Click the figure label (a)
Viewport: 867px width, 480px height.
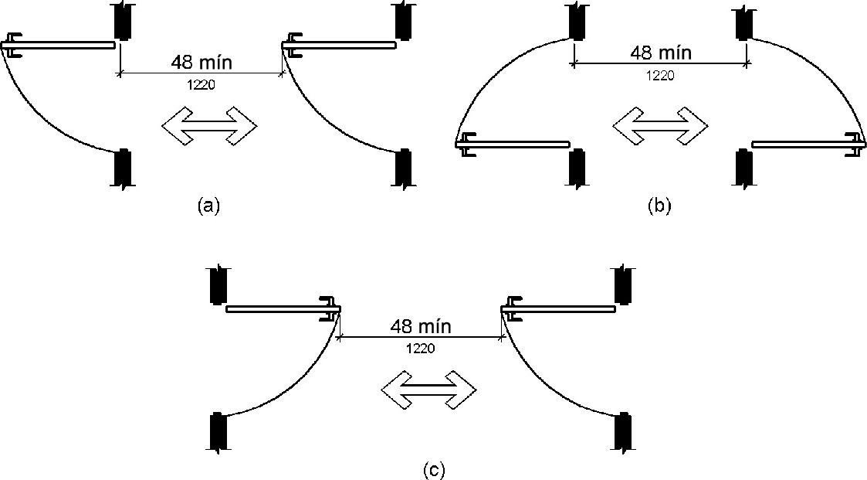tap(209, 206)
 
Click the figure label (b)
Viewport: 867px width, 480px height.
tap(660, 206)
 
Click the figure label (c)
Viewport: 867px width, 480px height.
tap(434, 469)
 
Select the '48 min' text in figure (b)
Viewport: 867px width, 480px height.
tap(661, 53)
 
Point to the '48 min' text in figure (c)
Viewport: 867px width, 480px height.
tap(421, 326)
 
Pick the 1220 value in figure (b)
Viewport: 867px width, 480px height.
tap(659, 75)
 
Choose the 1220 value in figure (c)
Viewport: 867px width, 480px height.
tap(421, 349)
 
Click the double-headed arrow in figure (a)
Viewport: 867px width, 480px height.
tap(209, 125)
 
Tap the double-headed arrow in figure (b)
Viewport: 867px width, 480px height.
tap(660, 125)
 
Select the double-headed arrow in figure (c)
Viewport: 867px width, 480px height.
tap(430, 390)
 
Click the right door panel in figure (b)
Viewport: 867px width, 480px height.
tap(803, 144)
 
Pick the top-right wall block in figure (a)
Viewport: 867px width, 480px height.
tap(402, 20)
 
